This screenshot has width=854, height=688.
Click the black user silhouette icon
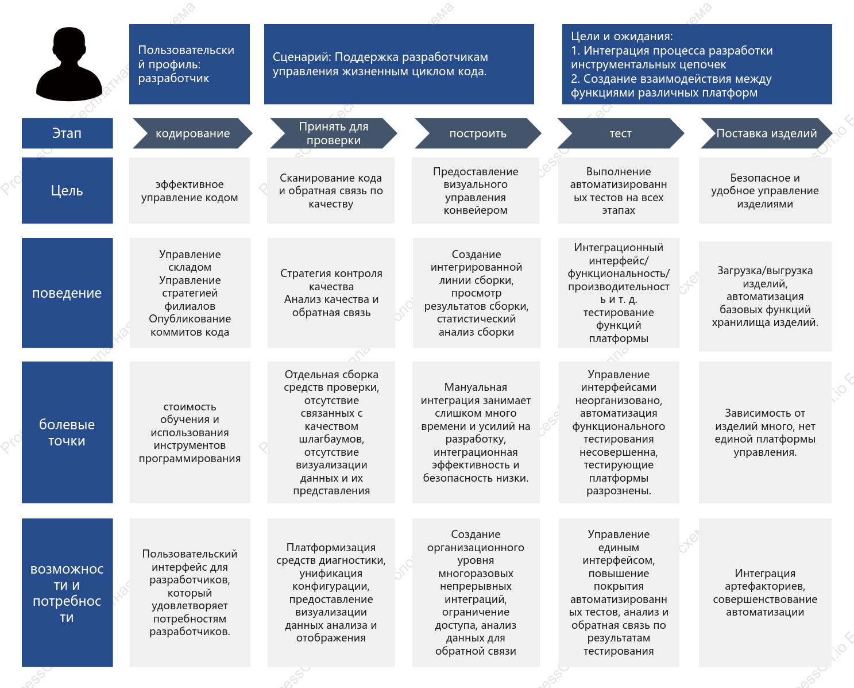tap(69, 64)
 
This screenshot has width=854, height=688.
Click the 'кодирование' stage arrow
tap(192, 133)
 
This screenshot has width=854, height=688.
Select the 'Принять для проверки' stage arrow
tap(333, 133)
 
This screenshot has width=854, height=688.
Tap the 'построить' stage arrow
tap(478, 133)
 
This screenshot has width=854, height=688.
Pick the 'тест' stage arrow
tap(621, 133)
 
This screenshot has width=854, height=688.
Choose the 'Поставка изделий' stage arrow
tap(766, 133)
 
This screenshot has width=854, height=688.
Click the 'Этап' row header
tap(67, 133)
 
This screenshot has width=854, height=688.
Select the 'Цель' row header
tap(67, 190)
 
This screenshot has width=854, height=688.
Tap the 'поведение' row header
tap(67, 293)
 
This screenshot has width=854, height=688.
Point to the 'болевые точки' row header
tap(67, 432)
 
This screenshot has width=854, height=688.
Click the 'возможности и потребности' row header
tap(67, 593)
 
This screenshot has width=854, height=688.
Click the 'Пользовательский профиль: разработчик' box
tap(190, 64)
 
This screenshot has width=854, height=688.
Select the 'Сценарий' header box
tap(399, 64)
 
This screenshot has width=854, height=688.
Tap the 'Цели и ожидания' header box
tap(697, 64)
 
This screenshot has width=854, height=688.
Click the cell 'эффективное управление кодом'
tap(190, 190)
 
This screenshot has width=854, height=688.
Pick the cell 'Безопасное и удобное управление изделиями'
tap(765, 190)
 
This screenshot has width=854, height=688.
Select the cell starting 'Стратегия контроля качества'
tap(331, 293)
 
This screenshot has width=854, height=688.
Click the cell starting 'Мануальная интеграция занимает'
tap(476, 432)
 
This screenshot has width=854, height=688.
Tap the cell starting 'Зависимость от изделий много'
tap(765, 432)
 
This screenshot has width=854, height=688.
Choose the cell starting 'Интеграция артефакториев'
tap(765, 593)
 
